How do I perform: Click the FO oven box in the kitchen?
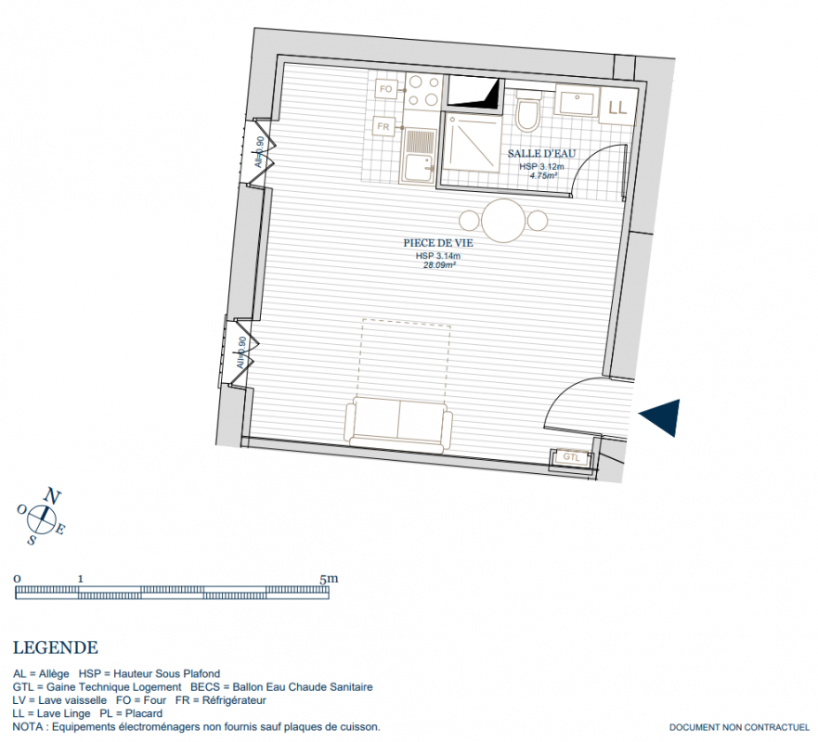386,89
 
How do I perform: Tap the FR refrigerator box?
383,127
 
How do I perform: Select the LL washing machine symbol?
617,107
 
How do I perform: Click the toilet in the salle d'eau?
527,111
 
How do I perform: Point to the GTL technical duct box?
571,457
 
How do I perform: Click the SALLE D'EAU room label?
541,154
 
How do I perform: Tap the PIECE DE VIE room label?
438,243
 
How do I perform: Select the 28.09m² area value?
440,265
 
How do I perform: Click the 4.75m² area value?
543,176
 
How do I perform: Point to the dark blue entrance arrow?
663,416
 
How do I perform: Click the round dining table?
503,221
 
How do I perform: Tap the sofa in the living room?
398,424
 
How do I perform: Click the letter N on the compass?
52,495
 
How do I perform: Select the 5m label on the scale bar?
329,579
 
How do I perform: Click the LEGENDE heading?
56,647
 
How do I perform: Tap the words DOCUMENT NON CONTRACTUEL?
739,727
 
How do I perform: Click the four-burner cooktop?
423,91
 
